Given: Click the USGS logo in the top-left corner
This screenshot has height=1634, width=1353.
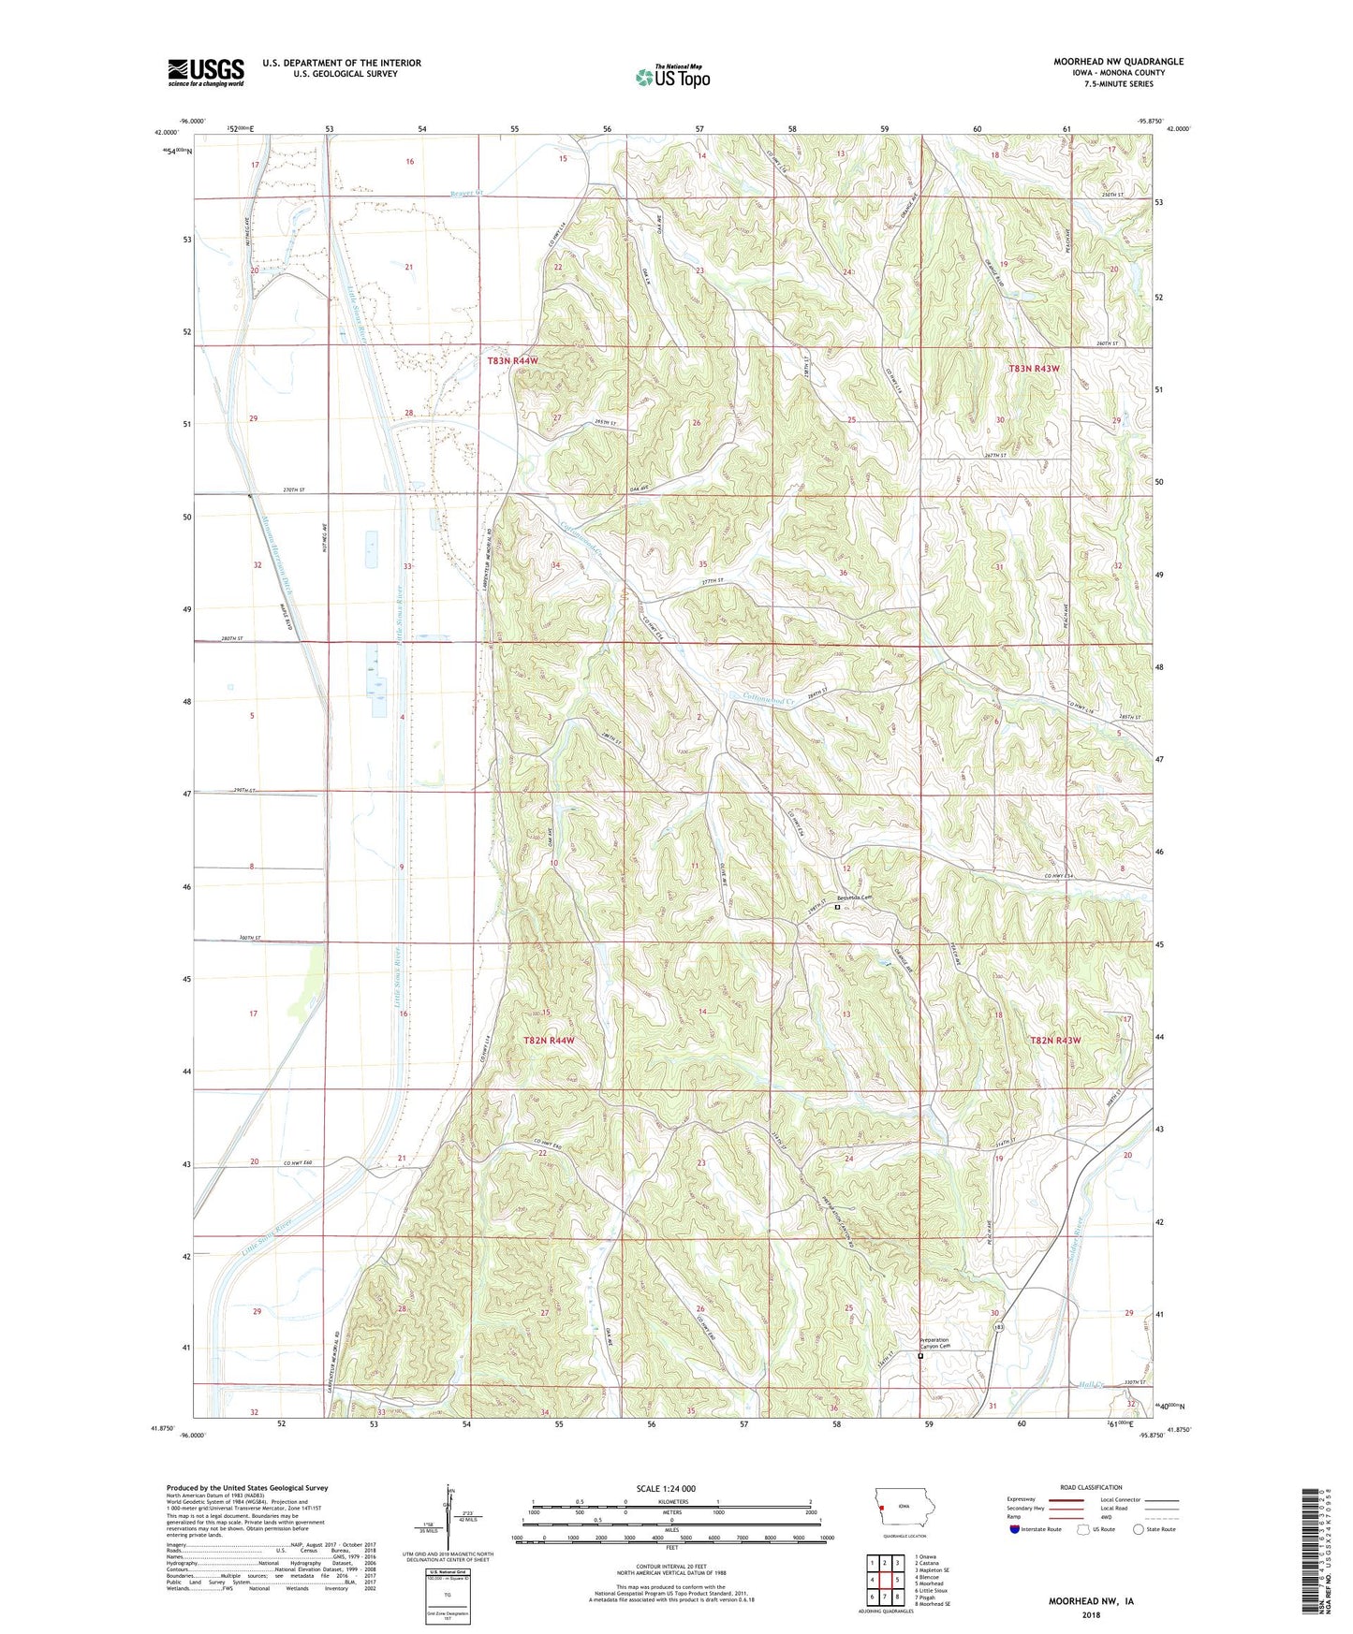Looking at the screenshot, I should pos(206,72).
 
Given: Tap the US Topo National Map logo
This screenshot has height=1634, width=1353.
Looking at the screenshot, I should pos(672,77).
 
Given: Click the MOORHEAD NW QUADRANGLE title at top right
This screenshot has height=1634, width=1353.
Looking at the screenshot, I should pos(1118,62).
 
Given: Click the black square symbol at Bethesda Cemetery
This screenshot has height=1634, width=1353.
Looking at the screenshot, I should pos(837,906).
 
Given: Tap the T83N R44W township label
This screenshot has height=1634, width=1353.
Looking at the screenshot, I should pos(513,360).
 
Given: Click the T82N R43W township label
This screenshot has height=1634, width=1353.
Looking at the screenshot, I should pos(1055,1041).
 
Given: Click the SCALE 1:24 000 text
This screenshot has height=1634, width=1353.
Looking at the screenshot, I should pos(666,1488).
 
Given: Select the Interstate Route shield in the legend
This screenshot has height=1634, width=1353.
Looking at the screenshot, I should pos(1015,1529).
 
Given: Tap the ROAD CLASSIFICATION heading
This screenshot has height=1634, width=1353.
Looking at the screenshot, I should pos(1091,1487).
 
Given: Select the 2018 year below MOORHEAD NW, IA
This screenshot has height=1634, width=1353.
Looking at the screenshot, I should pos(1091,1613).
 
